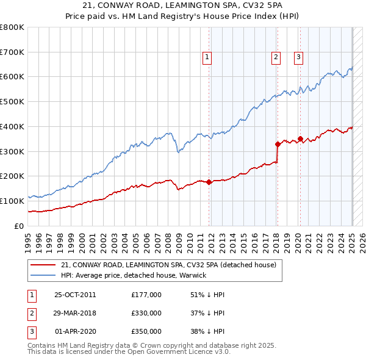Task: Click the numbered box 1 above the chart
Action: [x=207, y=57]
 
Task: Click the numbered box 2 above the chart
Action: [x=276, y=57]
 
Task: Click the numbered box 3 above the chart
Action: [x=298, y=57]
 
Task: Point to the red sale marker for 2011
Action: [x=209, y=182]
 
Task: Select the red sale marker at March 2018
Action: [x=278, y=144]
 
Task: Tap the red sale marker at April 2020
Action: [x=300, y=139]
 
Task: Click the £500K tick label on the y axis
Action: [x=12, y=102]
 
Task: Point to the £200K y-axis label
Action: [x=12, y=176]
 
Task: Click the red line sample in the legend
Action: [x=43, y=265]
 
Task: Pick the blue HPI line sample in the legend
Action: [x=43, y=275]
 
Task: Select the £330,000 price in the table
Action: [x=146, y=313]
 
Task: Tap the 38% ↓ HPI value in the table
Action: [x=207, y=331]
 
